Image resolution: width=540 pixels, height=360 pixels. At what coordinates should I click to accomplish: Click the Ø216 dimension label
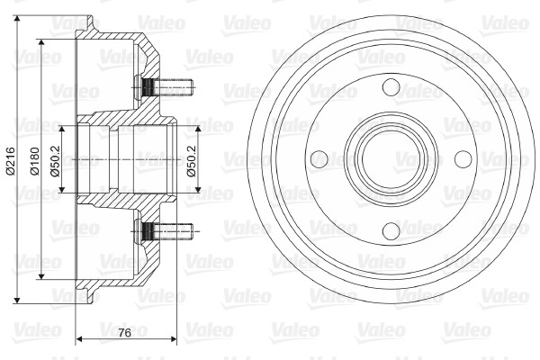(x=11, y=161)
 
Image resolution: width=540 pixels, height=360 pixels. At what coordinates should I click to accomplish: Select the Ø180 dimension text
(x=35, y=161)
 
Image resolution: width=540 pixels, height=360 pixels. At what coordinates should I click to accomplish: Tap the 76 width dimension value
(x=125, y=333)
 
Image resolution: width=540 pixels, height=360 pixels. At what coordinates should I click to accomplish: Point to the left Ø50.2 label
(x=56, y=161)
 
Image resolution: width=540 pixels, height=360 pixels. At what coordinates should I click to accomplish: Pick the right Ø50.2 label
(x=192, y=161)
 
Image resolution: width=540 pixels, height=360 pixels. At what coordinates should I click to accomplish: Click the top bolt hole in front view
(x=391, y=87)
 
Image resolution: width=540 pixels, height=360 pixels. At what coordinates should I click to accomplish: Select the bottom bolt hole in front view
(x=391, y=230)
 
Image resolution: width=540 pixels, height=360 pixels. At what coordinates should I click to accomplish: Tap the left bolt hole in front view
(x=319, y=159)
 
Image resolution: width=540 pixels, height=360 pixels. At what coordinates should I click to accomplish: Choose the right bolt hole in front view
(x=463, y=159)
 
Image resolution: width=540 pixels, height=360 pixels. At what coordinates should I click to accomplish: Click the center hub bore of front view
(x=391, y=159)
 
